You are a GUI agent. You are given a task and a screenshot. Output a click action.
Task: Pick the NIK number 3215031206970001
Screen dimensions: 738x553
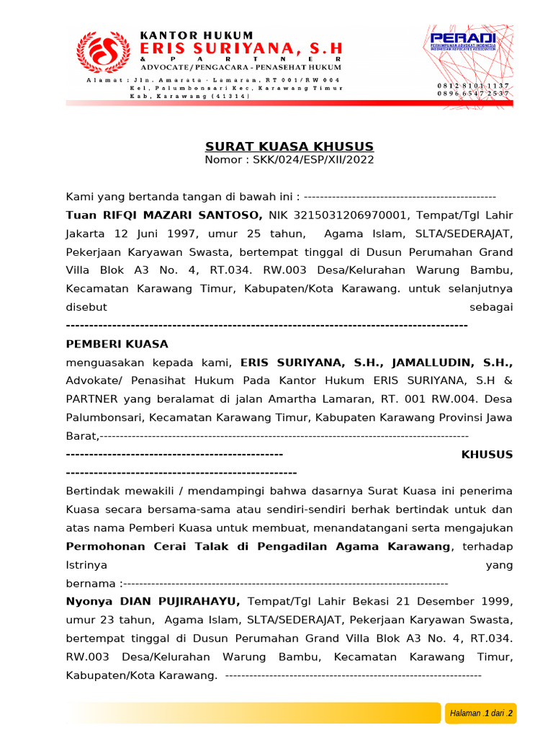coord(339,215)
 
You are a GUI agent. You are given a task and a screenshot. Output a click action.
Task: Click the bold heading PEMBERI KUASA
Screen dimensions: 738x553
coord(117,344)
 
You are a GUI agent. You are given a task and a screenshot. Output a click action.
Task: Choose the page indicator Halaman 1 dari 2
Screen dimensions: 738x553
coord(481,713)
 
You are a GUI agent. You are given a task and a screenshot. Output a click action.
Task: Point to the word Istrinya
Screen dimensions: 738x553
coord(86,564)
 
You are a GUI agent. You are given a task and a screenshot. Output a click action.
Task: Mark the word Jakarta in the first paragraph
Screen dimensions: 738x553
coord(85,234)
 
